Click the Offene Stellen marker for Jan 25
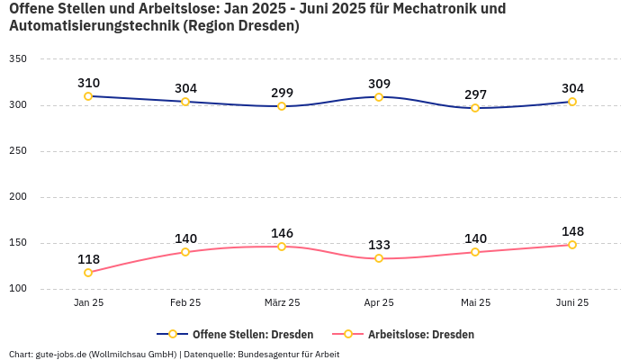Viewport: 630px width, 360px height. [x=88, y=96]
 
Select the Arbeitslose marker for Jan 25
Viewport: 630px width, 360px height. [x=88, y=273]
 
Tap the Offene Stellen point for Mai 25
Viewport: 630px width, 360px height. [x=475, y=108]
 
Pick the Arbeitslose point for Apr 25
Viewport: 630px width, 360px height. [x=379, y=258]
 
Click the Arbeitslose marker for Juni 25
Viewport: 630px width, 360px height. [x=572, y=245]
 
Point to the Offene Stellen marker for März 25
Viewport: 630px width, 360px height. [x=282, y=106]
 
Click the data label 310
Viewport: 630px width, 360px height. [x=88, y=83]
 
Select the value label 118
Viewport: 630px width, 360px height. [x=88, y=259]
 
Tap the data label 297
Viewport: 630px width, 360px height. [x=475, y=94]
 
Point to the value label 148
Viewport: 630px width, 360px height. [x=572, y=231]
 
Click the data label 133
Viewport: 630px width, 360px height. [x=379, y=245]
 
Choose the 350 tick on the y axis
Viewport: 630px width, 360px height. [x=17, y=59]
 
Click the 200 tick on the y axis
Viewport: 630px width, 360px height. [x=17, y=197]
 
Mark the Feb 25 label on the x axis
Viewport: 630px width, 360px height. [x=185, y=303]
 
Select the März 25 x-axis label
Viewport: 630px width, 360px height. [x=282, y=303]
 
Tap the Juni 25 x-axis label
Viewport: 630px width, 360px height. [x=572, y=303]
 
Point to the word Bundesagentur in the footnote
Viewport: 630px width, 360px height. [x=267, y=355]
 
